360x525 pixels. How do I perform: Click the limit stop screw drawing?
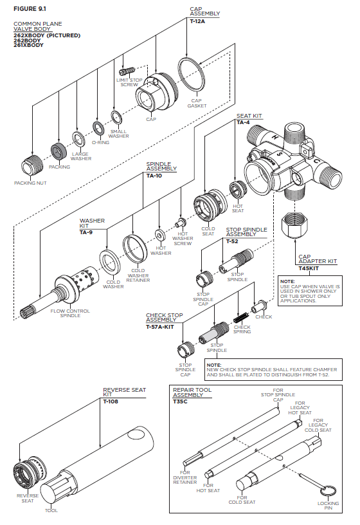[127, 71]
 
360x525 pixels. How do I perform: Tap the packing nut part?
[32, 165]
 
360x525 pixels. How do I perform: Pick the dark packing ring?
[59, 151]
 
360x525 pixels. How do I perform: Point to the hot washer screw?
[181, 223]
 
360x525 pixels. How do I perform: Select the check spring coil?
[240, 317]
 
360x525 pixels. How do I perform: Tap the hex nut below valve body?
[295, 225]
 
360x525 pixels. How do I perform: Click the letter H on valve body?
[275, 137]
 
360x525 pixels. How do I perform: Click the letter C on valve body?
[318, 161]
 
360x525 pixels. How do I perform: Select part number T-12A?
[197, 21]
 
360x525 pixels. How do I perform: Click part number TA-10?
[154, 176]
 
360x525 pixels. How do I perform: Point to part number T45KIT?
[309, 268]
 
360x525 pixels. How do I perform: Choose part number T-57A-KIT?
[160, 327]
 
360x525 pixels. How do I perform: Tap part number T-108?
[111, 401]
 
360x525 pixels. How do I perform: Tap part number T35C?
[181, 401]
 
